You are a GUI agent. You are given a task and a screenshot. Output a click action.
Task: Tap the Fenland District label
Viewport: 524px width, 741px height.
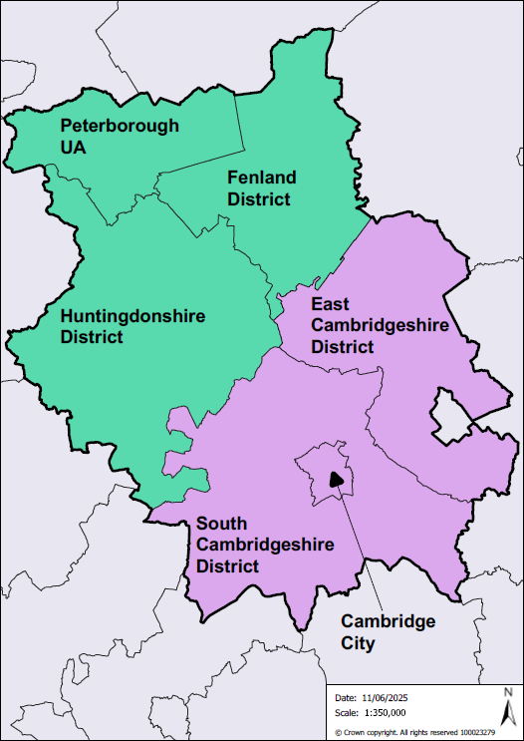click(261, 187)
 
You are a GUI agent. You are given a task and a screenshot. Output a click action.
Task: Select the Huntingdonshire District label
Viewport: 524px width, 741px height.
click(132, 326)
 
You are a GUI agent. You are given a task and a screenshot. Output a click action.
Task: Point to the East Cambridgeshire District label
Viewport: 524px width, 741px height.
click(365, 324)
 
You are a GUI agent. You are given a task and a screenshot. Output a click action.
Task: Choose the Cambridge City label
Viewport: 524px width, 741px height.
click(388, 632)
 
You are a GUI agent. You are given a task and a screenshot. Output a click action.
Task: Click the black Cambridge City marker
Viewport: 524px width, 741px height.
click(336, 480)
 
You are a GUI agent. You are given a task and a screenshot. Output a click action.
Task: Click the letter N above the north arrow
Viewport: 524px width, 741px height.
click(507, 693)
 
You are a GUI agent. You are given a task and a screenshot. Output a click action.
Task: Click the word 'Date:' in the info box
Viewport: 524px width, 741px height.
click(345, 697)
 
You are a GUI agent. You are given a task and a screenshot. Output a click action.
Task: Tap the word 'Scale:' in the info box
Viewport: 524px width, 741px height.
click(346, 712)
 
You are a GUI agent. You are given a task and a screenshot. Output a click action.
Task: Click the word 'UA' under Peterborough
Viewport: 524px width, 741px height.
click(74, 147)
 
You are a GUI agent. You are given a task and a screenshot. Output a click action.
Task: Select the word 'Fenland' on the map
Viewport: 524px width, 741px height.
click(261, 178)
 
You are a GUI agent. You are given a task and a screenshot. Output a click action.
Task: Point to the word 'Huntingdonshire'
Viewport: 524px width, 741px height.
click(132, 316)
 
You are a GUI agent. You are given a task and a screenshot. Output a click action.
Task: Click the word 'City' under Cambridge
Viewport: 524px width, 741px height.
click(358, 643)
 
